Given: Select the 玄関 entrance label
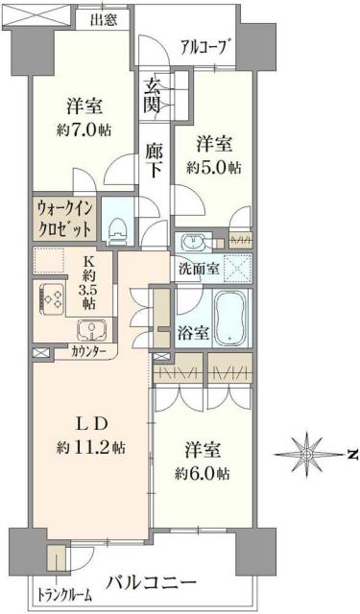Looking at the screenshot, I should pyautogui.click(x=153, y=94).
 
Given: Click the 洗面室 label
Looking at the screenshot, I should pyautogui.click(x=199, y=267).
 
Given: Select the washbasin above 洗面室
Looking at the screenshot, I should pyautogui.click(x=188, y=240).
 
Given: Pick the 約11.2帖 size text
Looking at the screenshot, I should pyautogui.click(x=91, y=447).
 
